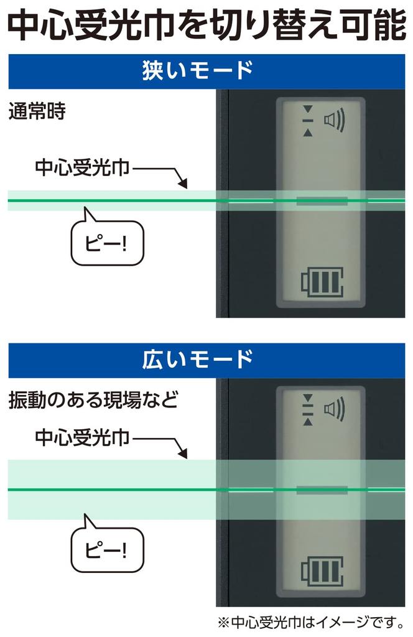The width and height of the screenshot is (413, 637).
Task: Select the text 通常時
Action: [37, 113]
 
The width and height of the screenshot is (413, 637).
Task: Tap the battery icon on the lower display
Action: [322, 571]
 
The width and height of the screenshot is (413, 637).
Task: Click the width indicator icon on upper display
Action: [306, 120]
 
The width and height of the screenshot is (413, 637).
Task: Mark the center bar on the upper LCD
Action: [322, 201]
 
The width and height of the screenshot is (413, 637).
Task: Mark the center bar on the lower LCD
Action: [322, 490]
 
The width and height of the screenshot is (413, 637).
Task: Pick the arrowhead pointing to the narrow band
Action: [182, 184]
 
